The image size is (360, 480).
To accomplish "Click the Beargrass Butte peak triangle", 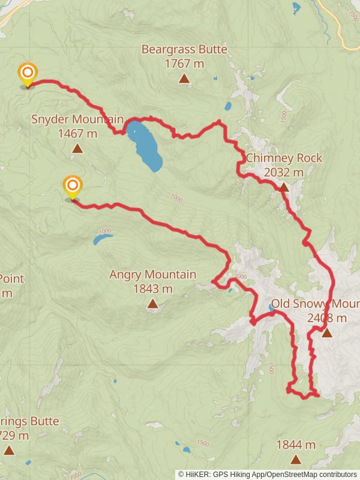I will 184,79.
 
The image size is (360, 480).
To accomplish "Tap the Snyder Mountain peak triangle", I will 77,148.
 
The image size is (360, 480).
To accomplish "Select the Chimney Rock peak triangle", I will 284,187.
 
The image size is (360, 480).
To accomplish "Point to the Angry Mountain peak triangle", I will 152,304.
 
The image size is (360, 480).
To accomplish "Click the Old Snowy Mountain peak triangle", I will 326,332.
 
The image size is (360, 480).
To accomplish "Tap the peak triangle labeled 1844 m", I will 295,460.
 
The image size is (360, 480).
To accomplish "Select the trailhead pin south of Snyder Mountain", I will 72,187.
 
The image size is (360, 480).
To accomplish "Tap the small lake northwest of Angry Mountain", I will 101,239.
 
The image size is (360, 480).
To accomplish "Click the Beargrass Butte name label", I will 184,49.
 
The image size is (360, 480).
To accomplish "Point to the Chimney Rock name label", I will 284,158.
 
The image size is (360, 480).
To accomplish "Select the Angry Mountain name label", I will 152,275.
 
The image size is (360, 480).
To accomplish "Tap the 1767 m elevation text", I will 184,64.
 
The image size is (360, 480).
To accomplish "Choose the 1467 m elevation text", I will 77,133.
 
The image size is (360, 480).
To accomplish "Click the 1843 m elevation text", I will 152,289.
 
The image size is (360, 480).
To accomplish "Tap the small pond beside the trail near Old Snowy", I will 272,309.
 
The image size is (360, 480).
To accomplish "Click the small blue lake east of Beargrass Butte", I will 228,107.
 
